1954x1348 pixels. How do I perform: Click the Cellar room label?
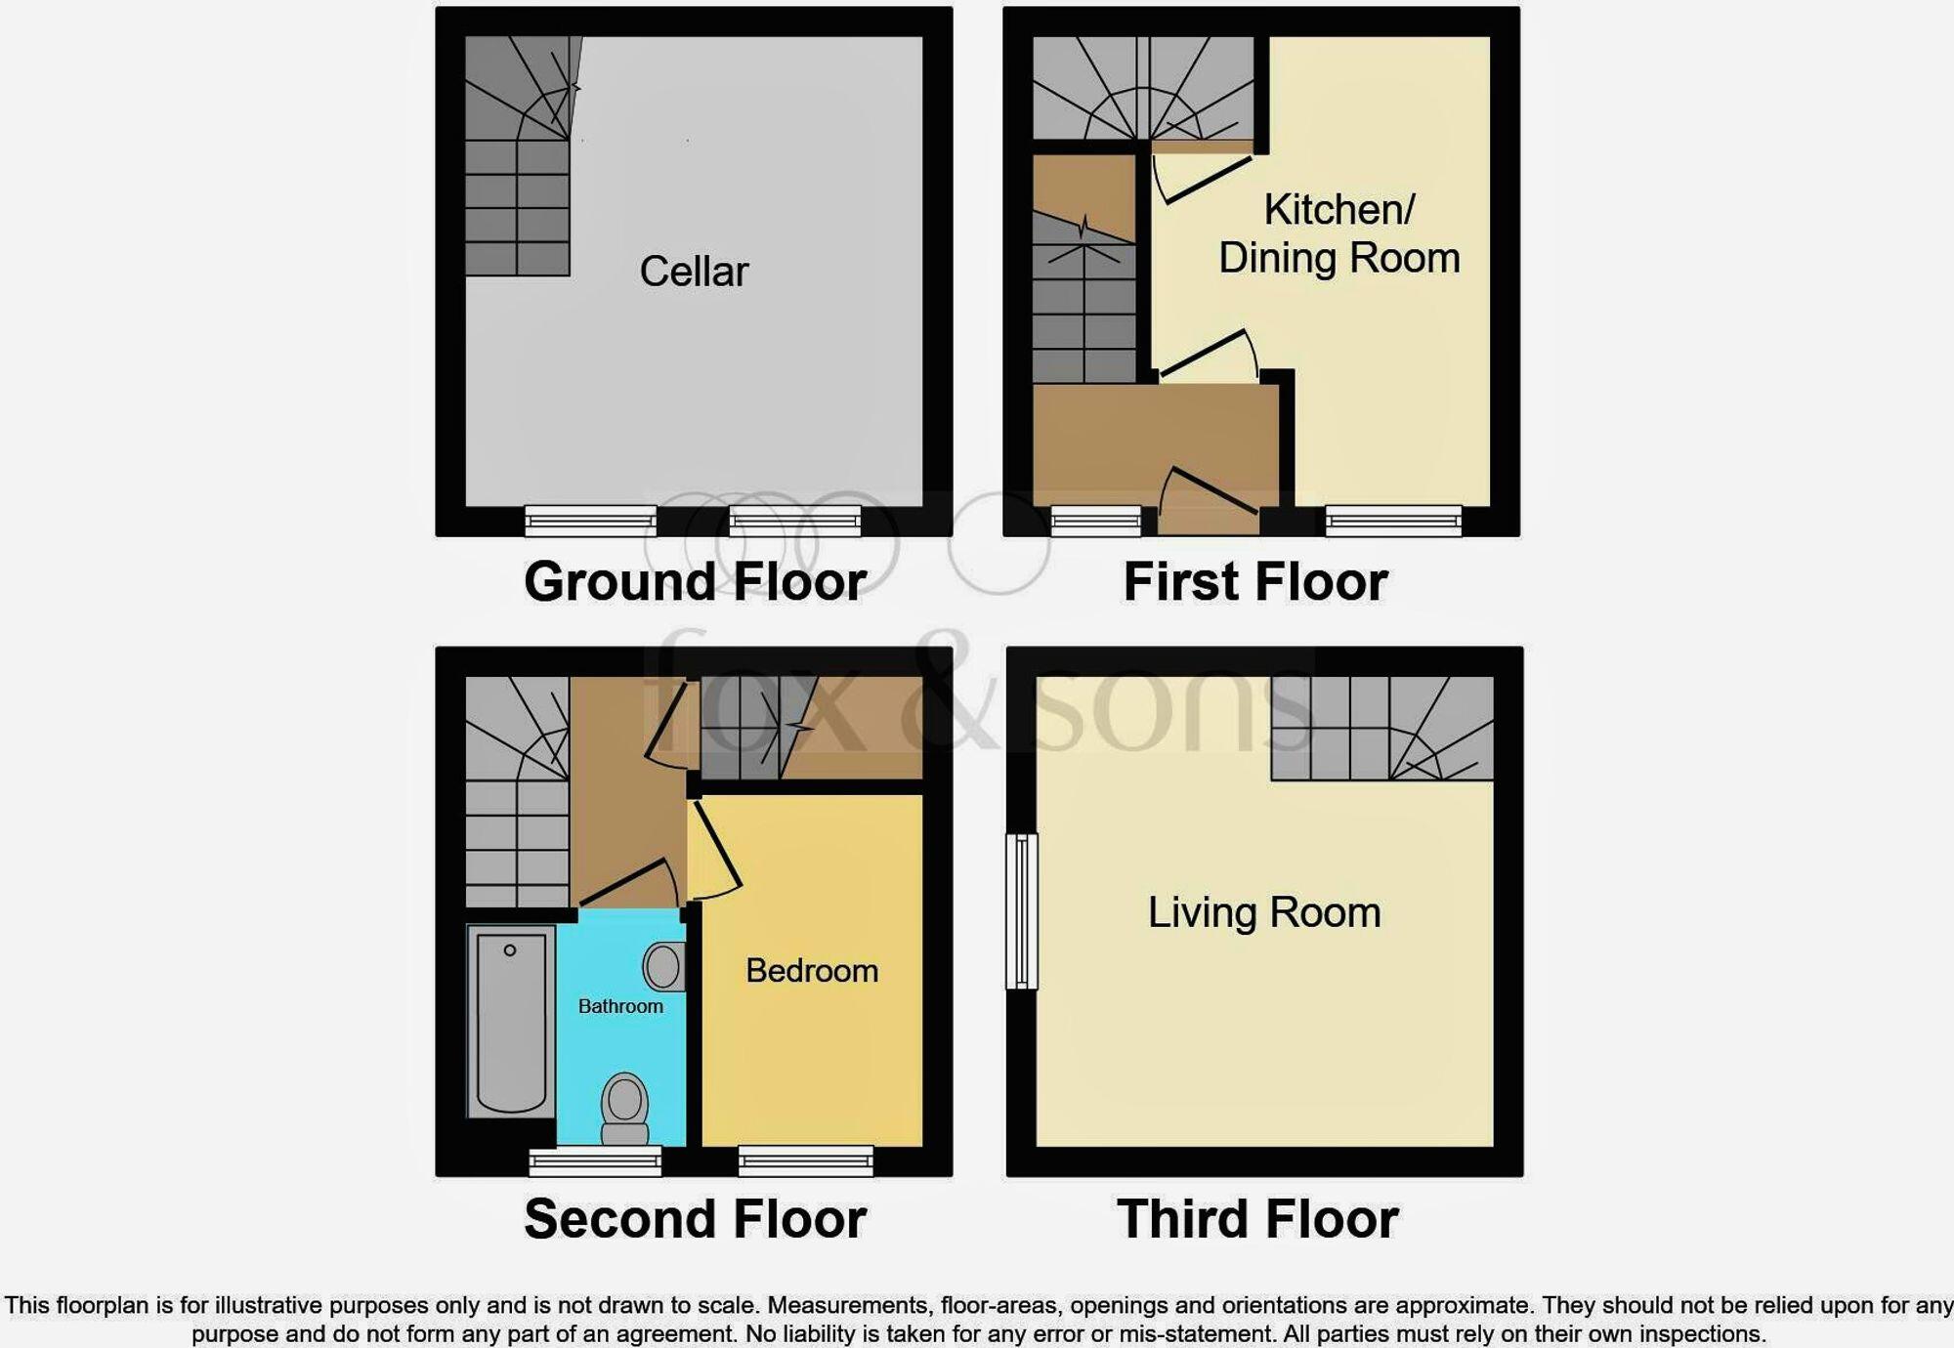point(694,272)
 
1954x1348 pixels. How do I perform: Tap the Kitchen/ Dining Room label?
point(1338,234)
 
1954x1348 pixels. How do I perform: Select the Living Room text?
point(1263,912)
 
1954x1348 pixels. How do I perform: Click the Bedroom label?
point(811,970)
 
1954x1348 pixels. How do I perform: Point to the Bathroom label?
point(620,1006)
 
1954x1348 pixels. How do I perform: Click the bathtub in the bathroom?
point(511,1021)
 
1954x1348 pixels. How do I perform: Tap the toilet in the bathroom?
point(624,1109)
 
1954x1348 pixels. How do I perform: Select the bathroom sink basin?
point(663,967)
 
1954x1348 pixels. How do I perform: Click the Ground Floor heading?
point(695,582)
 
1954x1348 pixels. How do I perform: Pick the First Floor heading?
point(1255,582)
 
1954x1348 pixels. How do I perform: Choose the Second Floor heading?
point(695,1219)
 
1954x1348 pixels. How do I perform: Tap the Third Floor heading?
point(1257,1219)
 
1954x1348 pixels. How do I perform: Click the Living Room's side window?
point(1021,910)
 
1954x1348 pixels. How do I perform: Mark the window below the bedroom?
point(805,1160)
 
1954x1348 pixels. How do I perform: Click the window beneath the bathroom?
point(595,1160)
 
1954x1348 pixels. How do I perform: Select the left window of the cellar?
point(590,521)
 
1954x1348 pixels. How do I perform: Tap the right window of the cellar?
point(795,521)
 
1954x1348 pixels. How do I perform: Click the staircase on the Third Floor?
point(1381,729)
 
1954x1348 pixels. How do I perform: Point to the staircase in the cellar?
point(517,156)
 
